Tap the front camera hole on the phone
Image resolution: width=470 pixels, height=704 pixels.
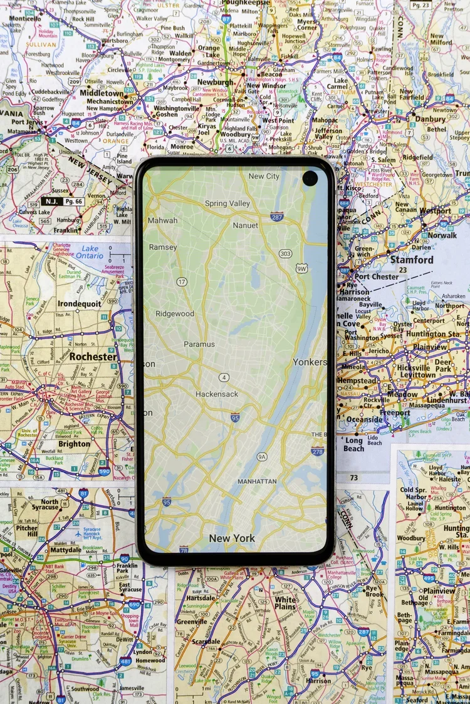310,178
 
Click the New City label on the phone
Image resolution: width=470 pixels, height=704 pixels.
264,176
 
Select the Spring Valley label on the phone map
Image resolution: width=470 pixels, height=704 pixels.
227,203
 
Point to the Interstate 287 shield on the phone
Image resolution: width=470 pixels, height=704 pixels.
277,217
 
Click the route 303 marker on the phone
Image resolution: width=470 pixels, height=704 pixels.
286,253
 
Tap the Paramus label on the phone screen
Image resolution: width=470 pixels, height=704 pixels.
199,344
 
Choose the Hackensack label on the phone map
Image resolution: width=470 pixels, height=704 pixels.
217,394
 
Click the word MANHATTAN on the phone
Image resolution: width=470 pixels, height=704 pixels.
257,481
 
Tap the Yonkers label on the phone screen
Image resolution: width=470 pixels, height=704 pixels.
310,362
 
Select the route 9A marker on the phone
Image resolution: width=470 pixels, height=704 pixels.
261,457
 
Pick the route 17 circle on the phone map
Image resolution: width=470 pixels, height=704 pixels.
182,282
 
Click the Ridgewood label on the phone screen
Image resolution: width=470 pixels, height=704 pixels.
175,313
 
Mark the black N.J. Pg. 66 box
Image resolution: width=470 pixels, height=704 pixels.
63,202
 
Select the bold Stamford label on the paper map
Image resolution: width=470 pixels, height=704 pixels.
411,259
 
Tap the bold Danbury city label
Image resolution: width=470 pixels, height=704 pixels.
430,118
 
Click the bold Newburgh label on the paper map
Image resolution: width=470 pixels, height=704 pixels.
216,82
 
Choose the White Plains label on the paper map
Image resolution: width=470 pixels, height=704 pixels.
285,603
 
